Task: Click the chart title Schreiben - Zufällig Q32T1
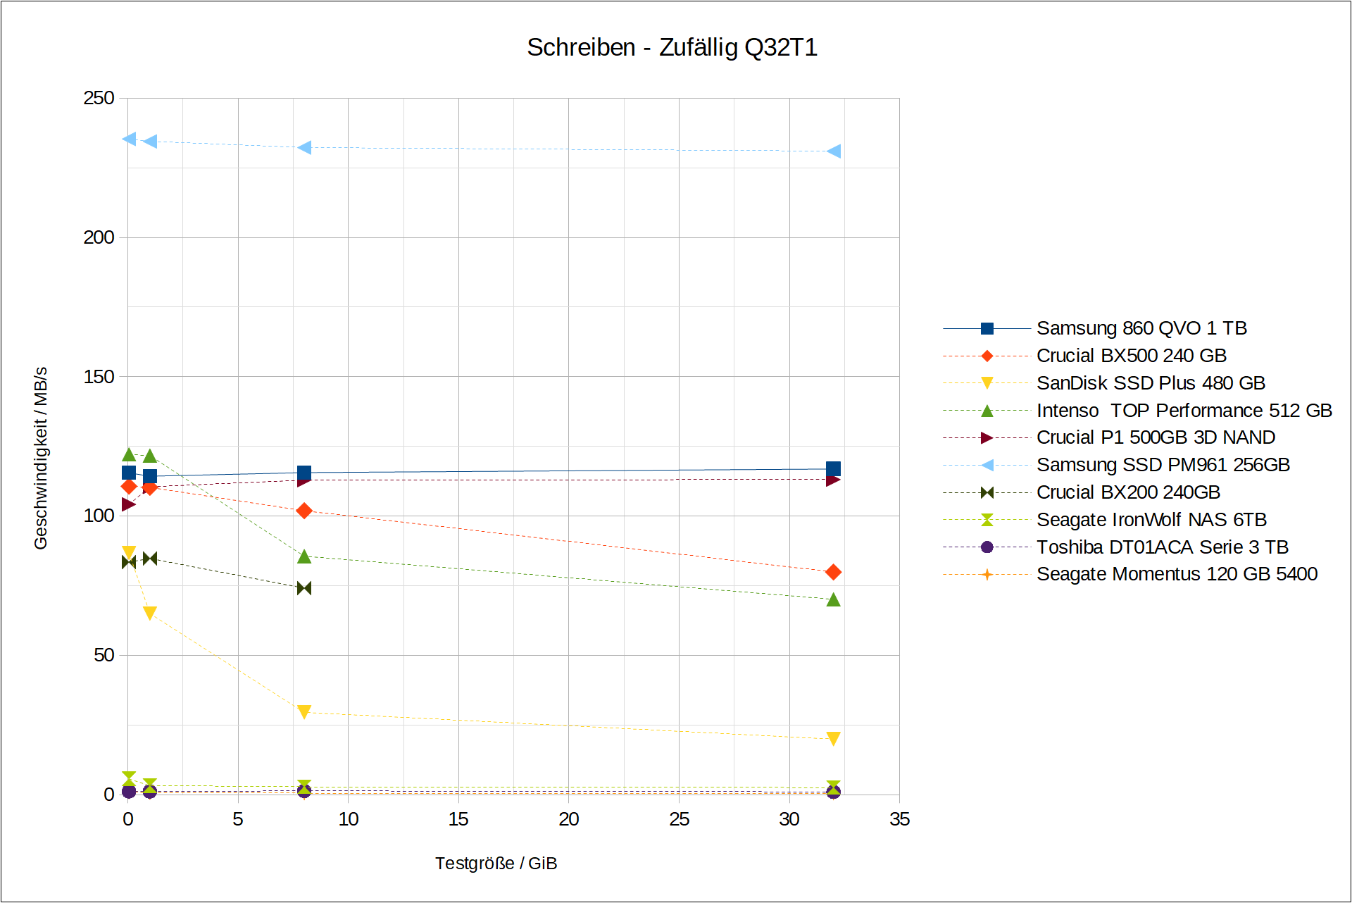pos(672,47)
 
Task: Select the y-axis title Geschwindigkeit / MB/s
pos(41,458)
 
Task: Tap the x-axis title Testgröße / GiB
pos(496,863)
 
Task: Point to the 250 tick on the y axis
pos(99,98)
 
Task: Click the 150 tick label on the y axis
pos(99,377)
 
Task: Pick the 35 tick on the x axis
pos(899,819)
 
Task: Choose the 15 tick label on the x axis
pos(458,819)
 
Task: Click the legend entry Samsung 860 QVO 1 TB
pos(1141,328)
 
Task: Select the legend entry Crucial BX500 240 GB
pos(1131,356)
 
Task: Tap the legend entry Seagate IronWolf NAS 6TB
pos(1151,520)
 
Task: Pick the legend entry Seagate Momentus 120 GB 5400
pos(1176,574)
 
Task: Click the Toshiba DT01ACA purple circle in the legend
pos(987,547)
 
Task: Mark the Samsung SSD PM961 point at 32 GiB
pos(834,151)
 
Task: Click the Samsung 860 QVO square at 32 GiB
pos(833,469)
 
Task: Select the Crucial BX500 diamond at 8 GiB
pos(304,511)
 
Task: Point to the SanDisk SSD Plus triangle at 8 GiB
pos(304,712)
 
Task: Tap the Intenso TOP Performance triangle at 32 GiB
pos(833,599)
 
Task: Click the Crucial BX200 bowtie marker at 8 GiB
pos(304,588)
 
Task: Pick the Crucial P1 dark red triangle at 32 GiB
pos(833,480)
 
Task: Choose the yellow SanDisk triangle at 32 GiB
pos(833,739)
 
